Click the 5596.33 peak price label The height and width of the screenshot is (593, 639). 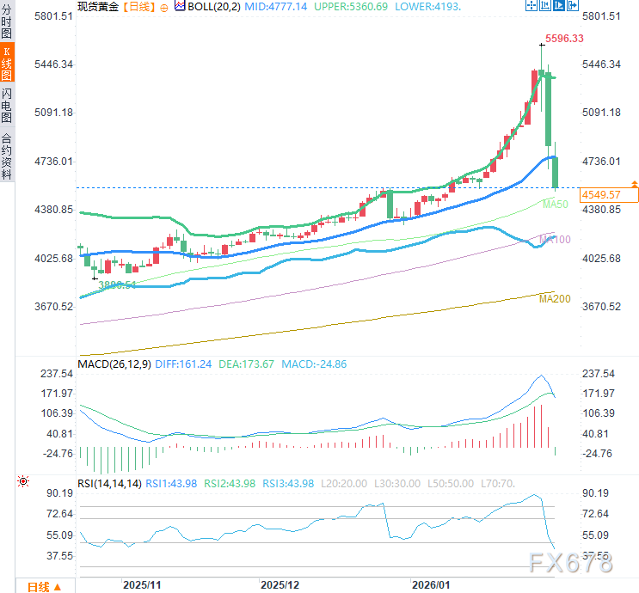pyautogui.click(x=566, y=39)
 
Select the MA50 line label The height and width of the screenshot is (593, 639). pyautogui.click(x=556, y=204)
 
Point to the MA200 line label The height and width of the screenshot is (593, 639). pyautogui.click(x=555, y=298)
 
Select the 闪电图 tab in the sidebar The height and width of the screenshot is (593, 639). pyautogui.click(x=7, y=105)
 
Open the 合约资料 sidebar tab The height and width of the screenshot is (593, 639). pyautogui.click(x=7, y=155)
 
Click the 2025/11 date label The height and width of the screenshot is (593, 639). pyautogui.click(x=143, y=584)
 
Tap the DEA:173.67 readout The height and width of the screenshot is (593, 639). pyautogui.click(x=247, y=364)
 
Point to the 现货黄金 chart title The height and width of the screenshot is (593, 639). pyautogui.click(x=95, y=6)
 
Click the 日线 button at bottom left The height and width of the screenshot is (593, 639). pyautogui.click(x=43, y=587)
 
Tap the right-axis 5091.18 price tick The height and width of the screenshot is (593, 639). pyautogui.click(x=602, y=113)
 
